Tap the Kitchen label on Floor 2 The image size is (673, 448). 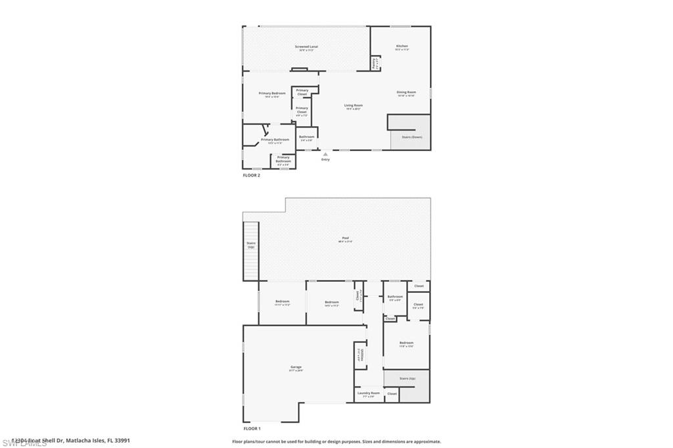[x=402, y=46]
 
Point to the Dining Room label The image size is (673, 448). [x=406, y=92]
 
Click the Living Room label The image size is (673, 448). [x=354, y=105]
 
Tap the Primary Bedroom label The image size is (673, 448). [x=272, y=93]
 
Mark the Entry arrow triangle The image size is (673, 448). [x=325, y=154]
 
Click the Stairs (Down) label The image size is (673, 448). [x=412, y=137]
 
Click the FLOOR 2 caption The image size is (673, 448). [x=252, y=176]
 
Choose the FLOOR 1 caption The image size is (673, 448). [x=252, y=428]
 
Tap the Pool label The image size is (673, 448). [x=345, y=238]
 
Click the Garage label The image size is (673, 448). [x=296, y=367]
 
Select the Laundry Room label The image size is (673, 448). [x=369, y=393]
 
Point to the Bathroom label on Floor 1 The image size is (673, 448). [x=395, y=296]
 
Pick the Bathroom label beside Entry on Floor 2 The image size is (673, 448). [x=307, y=137]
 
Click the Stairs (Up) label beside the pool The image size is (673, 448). [x=251, y=244]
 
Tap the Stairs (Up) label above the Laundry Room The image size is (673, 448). [x=408, y=379]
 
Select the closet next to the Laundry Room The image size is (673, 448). [x=392, y=393]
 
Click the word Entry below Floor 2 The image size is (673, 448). [x=325, y=160]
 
